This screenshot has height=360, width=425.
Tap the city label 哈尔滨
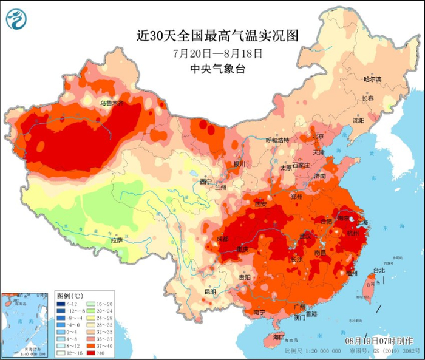click(x=372, y=80)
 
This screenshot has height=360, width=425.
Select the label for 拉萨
click(x=117, y=240)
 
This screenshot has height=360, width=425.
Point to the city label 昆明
click(x=210, y=291)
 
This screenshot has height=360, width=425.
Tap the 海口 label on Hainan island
click(x=279, y=336)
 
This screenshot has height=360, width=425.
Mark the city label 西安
click(x=261, y=203)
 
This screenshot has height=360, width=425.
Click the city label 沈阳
click(x=358, y=121)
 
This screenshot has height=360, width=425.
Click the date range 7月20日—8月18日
click(x=217, y=53)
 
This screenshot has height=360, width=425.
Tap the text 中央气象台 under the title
click(x=217, y=69)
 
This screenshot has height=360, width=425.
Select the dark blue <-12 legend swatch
click(x=62, y=304)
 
